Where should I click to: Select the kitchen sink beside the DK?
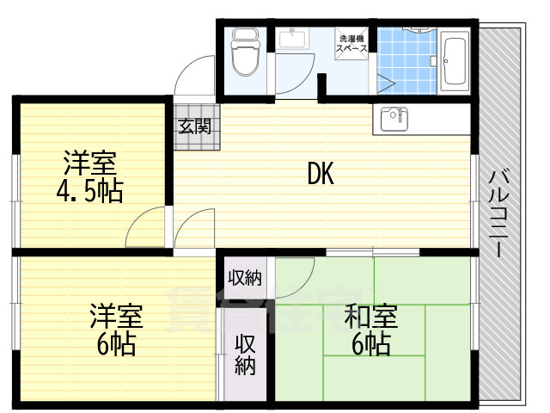tap(392, 119)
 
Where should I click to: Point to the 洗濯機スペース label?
tap(352, 44)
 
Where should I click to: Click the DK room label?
tap(321, 175)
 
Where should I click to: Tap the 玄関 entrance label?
tap(194, 126)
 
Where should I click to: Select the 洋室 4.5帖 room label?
tap(89, 176)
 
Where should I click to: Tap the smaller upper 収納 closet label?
tap(245, 277)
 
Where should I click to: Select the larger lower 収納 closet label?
tap(246, 353)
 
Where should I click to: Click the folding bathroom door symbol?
tap(385, 83)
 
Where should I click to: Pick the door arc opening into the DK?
tap(192, 230)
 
